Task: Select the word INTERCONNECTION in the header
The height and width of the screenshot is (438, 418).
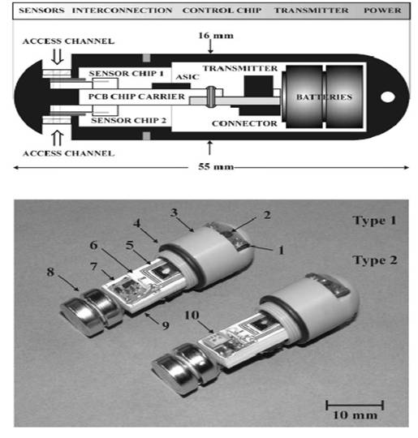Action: click(x=122, y=11)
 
